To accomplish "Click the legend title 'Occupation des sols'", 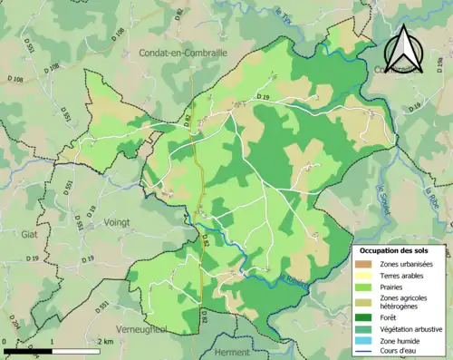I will pos(395,249).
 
